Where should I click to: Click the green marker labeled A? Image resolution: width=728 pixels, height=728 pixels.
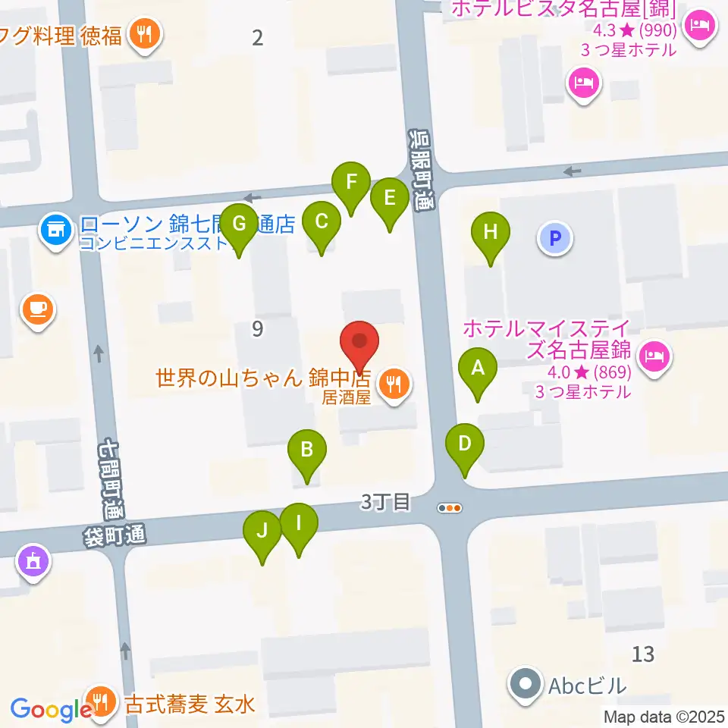pyautogui.click(x=478, y=369)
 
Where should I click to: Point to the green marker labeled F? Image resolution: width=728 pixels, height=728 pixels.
pyautogui.click(x=351, y=183)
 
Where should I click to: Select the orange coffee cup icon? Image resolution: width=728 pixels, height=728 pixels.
pyautogui.click(x=38, y=309)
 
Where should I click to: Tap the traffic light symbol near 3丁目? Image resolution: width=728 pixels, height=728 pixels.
pyautogui.click(x=450, y=509)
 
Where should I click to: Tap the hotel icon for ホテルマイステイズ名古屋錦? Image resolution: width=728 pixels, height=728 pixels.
pyautogui.click(x=654, y=355)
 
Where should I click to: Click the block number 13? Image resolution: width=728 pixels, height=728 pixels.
pyautogui.click(x=642, y=653)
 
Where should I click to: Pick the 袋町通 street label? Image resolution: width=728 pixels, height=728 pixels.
pyautogui.click(x=115, y=535)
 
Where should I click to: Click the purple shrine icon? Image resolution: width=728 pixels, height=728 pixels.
pyautogui.click(x=33, y=562)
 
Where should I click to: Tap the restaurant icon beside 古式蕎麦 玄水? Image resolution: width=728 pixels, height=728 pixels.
pyautogui.click(x=100, y=698)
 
